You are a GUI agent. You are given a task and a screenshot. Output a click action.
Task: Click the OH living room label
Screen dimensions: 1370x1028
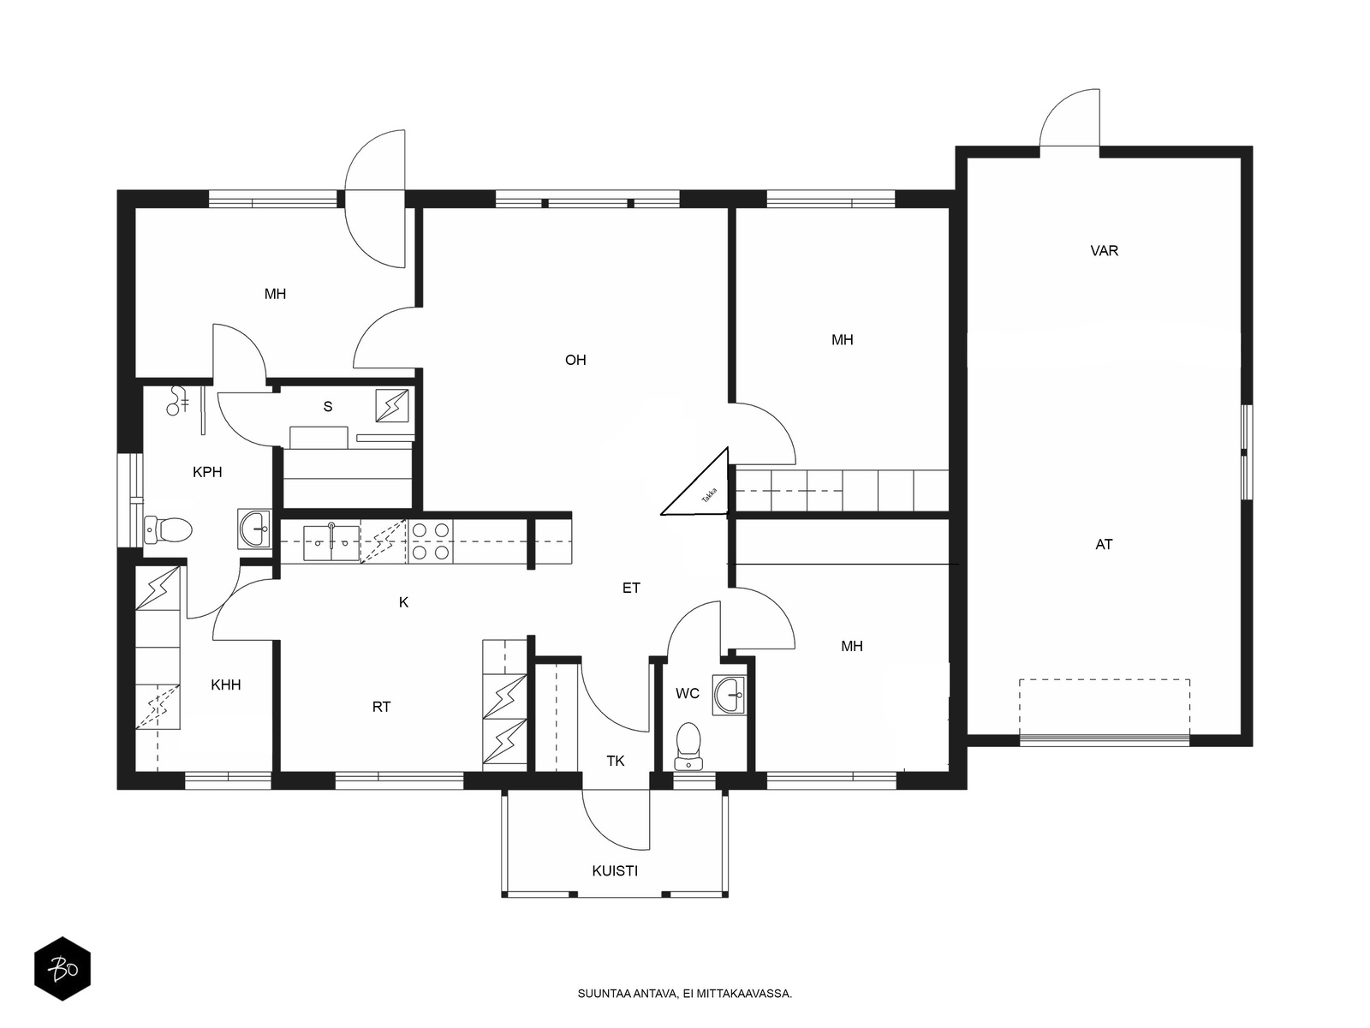click(575, 360)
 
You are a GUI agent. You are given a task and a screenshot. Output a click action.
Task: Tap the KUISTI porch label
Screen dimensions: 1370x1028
click(615, 870)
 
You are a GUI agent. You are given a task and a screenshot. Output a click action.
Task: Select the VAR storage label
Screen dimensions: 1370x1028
click(1104, 251)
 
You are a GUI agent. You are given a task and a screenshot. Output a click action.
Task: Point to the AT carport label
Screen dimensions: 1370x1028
click(1104, 544)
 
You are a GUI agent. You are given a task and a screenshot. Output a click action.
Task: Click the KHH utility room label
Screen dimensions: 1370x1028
click(225, 684)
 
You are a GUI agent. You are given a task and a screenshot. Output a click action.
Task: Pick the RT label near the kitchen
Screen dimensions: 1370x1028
click(381, 707)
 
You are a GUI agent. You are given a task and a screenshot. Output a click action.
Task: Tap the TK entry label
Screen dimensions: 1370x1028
click(616, 761)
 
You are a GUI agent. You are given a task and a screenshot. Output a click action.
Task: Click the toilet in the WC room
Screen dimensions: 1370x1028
click(688, 746)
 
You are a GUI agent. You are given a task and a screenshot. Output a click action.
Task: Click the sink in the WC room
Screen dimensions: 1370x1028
click(729, 695)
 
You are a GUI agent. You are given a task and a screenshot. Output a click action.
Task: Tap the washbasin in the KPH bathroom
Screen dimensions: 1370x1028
click(254, 529)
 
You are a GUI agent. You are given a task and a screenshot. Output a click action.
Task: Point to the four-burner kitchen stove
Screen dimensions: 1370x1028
click(431, 541)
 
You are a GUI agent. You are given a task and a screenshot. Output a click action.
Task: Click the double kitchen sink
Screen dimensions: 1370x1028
click(331, 543)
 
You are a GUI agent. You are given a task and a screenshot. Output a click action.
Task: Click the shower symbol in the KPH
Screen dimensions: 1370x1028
click(178, 401)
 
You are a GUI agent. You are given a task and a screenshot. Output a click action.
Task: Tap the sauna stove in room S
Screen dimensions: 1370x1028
click(392, 405)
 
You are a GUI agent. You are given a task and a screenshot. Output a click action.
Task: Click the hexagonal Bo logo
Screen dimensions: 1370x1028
click(63, 969)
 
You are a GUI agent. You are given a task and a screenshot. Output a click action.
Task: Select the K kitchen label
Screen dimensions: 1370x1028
click(403, 602)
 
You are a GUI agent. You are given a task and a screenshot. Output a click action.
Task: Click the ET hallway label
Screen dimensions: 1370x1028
click(631, 588)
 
